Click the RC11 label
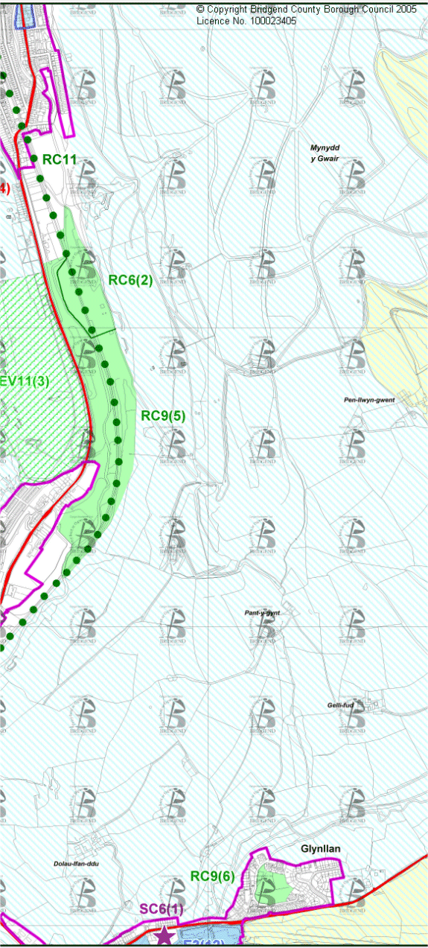coord(60,159)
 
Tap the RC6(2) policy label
coord(130,280)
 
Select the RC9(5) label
coord(163,416)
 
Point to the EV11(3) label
coord(25,381)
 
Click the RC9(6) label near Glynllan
coord(212,877)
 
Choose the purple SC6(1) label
coord(161,909)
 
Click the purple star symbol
coord(164,935)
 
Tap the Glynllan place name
coord(321,849)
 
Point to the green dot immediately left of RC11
coord(34,158)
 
